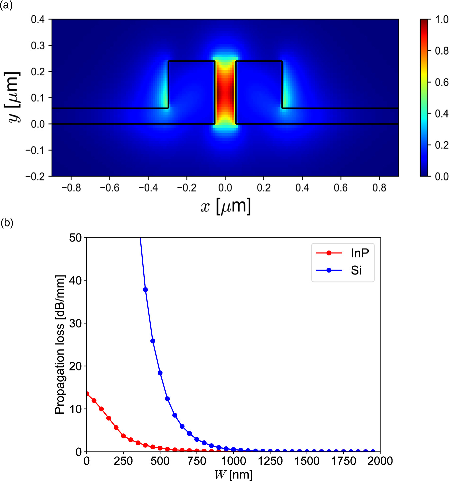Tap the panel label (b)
coord(7,223)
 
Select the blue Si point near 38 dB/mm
coord(145,290)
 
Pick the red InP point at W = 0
coord(87,394)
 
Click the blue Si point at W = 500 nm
coord(160,373)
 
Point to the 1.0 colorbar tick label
coord(442,20)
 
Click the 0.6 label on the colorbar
coord(442,82)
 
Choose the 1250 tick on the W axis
coord(270,461)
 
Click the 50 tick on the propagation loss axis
coord(75,238)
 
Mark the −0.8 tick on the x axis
coord(71,188)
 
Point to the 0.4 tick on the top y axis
coord(38,19)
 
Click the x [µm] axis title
coord(225,206)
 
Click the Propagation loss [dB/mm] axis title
coord(60,344)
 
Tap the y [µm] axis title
coord(13,97)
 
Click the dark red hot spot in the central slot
coord(225,93)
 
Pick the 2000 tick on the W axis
coord(380,461)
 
